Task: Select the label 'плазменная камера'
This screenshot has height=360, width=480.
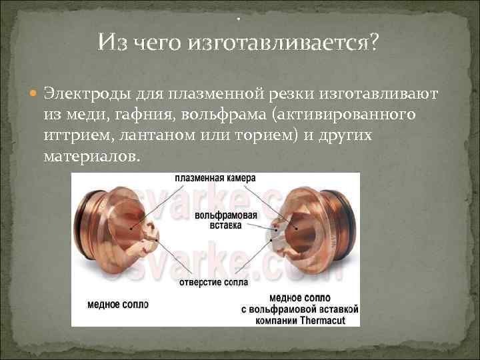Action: coord(216,179)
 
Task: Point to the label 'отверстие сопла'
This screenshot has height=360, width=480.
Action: coord(214,282)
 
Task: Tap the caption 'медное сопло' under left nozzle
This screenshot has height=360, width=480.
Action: coord(118,304)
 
